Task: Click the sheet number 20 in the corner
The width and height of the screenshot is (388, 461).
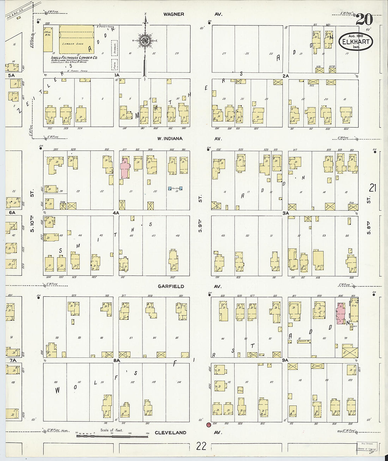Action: click(364, 19)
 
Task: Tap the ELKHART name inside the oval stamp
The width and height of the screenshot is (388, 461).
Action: click(356, 42)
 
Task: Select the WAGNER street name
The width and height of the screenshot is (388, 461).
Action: click(174, 14)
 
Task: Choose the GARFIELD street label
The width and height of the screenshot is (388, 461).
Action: click(171, 286)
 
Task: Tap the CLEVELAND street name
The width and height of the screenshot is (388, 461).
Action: click(170, 433)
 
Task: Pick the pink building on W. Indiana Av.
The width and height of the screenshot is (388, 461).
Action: click(125, 168)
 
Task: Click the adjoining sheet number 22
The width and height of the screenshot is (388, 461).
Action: click(201, 446)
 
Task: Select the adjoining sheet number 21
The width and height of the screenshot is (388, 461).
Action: click(372, 188)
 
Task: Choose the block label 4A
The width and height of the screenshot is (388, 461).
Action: click(116, 213)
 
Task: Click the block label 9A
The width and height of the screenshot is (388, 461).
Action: click(285, 360)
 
